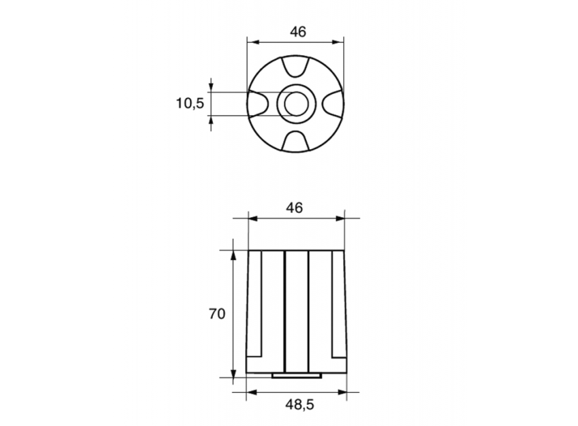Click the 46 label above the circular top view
297,32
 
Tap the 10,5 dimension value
190,103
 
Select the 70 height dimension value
217,314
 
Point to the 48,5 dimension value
297,403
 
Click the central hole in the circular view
295,104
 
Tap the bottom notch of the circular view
295,141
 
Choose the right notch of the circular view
333,103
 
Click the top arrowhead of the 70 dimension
233,254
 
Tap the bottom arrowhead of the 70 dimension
233,372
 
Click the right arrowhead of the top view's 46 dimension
339,43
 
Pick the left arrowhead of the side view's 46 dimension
252,218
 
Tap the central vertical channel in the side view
296,310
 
